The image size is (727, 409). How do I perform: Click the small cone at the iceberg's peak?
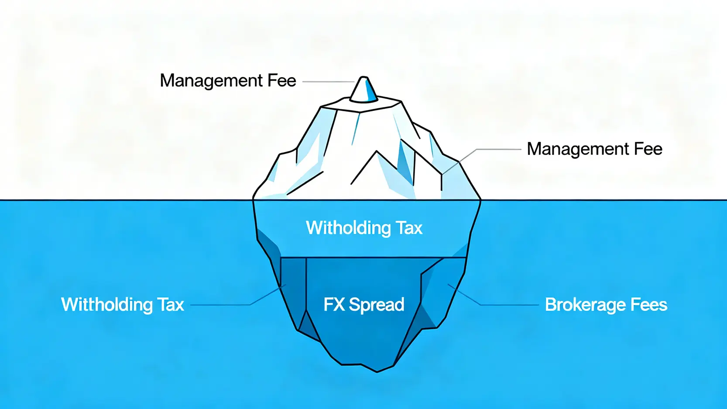(363, 90)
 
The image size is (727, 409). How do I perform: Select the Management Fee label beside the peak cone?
(228, 81)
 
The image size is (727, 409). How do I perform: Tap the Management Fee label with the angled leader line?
(594, 149)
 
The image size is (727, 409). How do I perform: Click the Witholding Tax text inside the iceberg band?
(364, 228)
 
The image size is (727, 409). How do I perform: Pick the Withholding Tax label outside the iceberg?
(123, 305)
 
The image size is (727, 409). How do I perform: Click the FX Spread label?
(363, 305)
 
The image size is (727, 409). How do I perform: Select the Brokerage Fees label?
(606, 305)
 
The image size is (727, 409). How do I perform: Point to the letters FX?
(334, 305)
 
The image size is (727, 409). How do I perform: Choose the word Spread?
(377, 305)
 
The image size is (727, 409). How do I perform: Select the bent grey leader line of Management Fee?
(497, 149)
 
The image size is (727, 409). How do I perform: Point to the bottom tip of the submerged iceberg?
(377, 371)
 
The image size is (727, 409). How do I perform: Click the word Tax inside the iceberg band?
(409, 228)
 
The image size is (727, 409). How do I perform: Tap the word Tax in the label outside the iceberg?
(171, 305)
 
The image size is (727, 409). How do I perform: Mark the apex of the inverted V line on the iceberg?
(377, 151)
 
